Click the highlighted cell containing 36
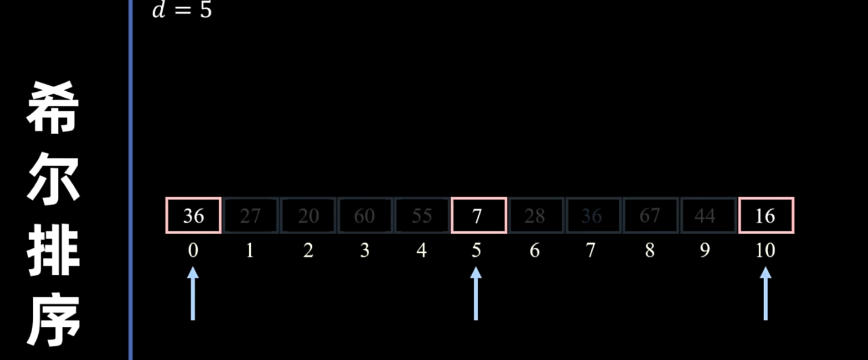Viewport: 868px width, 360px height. point(193,215)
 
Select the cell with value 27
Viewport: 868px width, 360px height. point(250,215)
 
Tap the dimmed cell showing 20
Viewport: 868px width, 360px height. point(308,215)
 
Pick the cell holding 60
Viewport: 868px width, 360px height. point(364,215)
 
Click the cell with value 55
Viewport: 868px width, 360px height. point(421,215)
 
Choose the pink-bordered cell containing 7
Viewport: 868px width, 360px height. point(478,215)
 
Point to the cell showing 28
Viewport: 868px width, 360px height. point(535,215)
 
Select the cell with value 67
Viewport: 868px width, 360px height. point(649,215)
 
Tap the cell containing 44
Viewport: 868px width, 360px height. point(705,215)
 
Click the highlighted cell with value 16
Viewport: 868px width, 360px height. point(765,215)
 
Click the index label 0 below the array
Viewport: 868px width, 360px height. point(193,250)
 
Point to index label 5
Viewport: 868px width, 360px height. point(476,250)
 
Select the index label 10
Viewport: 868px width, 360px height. point(765,250)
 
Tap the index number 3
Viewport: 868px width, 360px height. point(364,250)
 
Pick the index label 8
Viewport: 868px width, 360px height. point(649,250)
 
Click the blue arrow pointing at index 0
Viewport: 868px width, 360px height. point(193,293)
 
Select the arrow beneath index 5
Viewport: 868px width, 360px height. point(476,293)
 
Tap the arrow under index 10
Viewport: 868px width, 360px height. point(765,293)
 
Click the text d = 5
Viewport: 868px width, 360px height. point(182,10)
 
